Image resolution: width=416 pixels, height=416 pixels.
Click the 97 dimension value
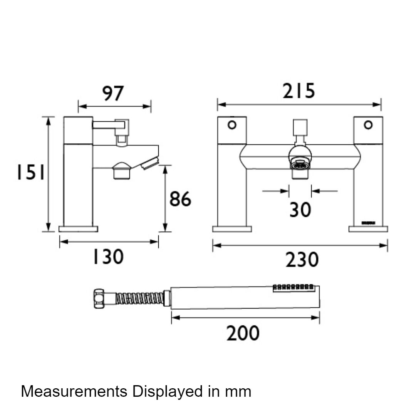pos(114,94)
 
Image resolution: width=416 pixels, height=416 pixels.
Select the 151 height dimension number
pos(30,173)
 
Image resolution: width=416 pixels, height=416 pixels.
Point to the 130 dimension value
pos(107,257)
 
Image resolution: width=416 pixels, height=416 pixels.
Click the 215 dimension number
pos(299,92)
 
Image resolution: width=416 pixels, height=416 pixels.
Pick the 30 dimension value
pos(300,210)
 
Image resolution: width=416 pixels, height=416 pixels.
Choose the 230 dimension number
pos(302,260)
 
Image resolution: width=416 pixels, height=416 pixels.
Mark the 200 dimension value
pos(243,333)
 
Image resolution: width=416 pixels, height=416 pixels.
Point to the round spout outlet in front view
pos(300,164)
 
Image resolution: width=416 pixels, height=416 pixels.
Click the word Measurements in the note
pos(74,391)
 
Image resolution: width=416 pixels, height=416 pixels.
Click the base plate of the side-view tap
pos(78,229)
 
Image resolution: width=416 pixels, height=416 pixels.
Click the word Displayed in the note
pos(165,392)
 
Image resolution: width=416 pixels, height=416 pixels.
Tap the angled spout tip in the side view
pos(150,163)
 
